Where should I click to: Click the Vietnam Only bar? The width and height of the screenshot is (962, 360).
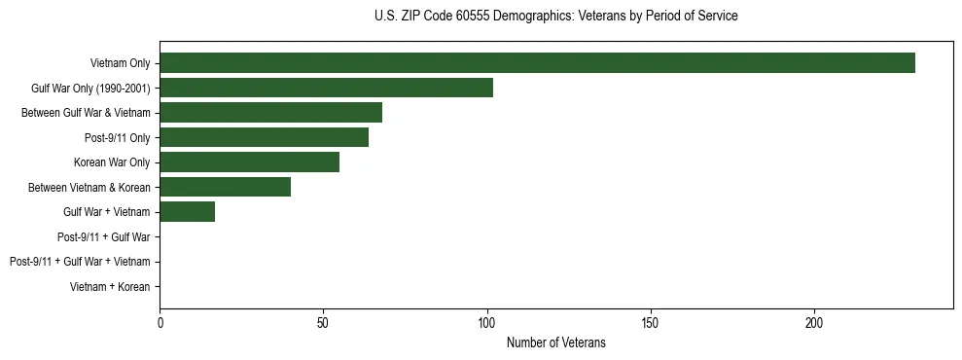coord(537,63)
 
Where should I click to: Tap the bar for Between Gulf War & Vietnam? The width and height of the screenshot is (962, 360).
coord(270,113)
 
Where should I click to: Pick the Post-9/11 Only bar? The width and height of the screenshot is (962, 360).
coord(264,137)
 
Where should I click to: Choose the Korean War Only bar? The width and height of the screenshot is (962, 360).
coord(249,162)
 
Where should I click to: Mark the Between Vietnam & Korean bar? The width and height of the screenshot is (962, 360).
coord(225,187)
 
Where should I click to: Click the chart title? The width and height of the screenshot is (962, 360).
coord(555,17)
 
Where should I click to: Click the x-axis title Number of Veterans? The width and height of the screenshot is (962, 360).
coord(555,342)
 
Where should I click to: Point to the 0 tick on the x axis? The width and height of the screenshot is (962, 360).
coord(160,323)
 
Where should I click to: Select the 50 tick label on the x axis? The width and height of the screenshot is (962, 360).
coord(323,323)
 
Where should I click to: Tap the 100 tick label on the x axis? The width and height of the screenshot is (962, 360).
coord(487,323)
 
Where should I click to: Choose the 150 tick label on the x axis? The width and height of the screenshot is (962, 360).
coord(651,323)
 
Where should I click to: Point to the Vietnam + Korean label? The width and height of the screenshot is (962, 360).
coord(110,287)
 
